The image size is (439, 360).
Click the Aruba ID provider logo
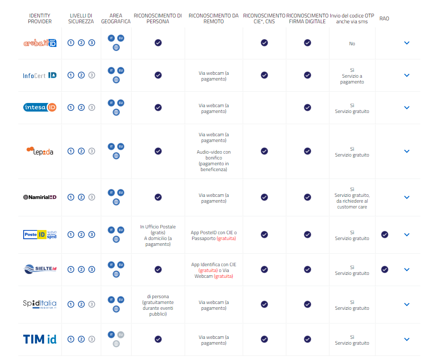40,43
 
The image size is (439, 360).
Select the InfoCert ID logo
40,75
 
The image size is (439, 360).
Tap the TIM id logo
40,339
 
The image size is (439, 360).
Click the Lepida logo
40,151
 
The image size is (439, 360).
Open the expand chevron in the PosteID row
407,235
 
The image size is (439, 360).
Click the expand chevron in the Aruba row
407,43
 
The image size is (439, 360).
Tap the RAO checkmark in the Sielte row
385,269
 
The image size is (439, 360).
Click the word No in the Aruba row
352,44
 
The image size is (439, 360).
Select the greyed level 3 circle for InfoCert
92,75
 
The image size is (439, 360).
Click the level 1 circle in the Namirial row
71,197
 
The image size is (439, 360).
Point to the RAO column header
384,19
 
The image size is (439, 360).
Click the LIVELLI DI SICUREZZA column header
81,19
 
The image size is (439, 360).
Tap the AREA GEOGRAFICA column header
116,19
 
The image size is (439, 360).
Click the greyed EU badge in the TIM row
121,334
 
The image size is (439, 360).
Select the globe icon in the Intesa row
116,112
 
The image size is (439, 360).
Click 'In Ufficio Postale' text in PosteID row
158,227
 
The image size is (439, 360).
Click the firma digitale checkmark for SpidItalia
307,304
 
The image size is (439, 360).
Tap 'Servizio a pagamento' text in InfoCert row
352,79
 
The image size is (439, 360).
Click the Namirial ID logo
40,197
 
